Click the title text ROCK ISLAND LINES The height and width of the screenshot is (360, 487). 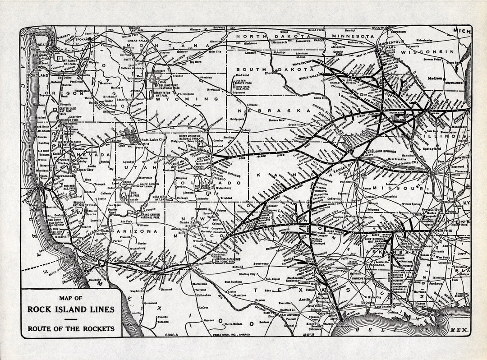(71, 309)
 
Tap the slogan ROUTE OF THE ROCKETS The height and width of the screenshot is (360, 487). (71, 328)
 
